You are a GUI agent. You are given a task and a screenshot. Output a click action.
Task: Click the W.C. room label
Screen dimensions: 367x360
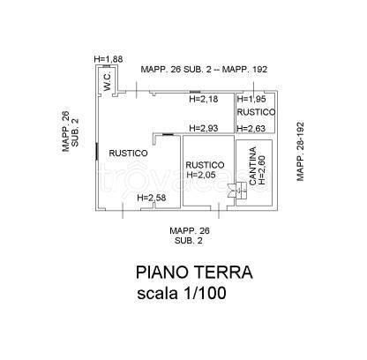[x=108, y=81]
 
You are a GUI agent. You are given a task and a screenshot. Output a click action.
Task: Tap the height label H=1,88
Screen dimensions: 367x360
[x=109, y=59]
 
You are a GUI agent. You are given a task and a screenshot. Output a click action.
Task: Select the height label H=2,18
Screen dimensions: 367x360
[x=204, y=99]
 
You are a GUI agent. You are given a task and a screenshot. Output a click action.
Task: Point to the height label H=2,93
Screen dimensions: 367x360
[x=204, y=128]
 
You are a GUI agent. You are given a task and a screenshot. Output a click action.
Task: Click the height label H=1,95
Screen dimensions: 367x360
[x=251, y=99]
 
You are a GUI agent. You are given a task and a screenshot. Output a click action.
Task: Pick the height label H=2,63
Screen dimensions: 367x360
[x=251, y=128]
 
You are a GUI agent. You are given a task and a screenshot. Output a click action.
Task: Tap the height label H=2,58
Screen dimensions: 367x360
[x=152, y=198]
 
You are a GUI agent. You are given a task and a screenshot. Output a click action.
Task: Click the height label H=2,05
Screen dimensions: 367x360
[x=201, y=175]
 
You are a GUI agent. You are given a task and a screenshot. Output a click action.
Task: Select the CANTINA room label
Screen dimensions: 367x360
[x=252, y=166]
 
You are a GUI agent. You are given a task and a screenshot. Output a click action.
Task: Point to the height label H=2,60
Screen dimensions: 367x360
[x=262, y=170]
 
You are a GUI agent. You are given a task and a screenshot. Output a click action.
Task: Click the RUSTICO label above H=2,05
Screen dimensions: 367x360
[x=205, y=165]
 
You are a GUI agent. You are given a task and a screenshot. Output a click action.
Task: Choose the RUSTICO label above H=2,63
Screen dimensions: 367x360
[x=256, y=112]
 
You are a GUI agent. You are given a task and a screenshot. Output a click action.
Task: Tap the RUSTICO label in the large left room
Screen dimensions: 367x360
[x=128, y=153]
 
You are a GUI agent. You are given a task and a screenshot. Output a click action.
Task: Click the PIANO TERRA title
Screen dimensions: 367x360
[x=194, y=273]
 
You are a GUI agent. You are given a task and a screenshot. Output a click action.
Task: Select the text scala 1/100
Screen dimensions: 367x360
[x=182, y=293]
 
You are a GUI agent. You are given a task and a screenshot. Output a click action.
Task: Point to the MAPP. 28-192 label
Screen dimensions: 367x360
[x=300, y=152]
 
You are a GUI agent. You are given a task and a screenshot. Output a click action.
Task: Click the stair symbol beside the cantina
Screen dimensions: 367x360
[x=237, y=191]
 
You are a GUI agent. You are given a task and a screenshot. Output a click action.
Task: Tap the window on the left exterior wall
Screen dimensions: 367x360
[x=96, y=152]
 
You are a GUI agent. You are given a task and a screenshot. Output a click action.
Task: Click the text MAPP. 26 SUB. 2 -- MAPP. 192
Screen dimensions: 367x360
[x=204, y=70]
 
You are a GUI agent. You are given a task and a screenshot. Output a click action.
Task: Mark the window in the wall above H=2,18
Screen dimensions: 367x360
[x=195, y=93]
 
